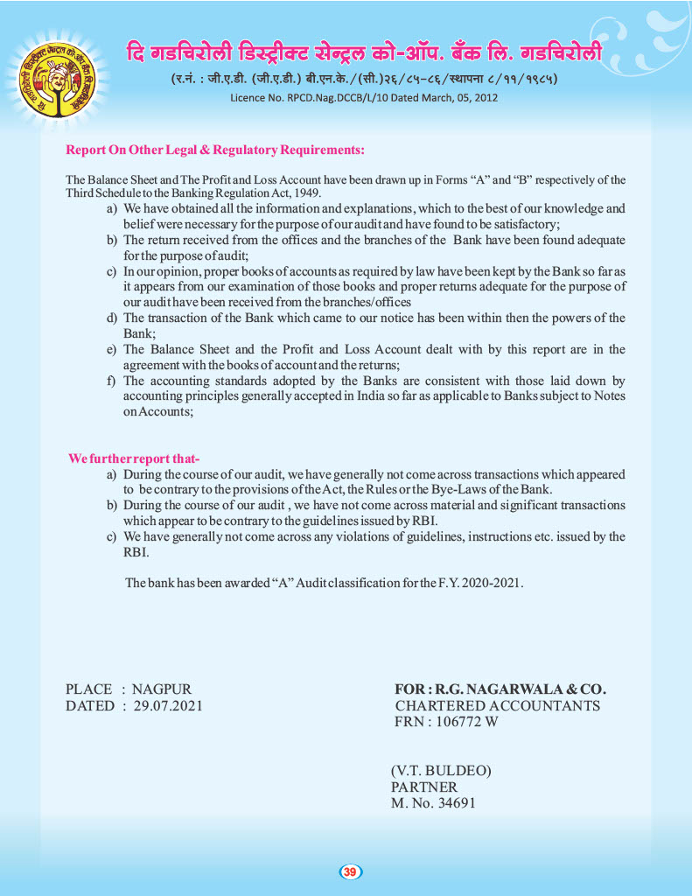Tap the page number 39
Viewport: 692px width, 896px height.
tap(350, 871)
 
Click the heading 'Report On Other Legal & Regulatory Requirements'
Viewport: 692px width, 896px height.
tap(215, 150)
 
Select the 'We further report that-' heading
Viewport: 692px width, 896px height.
tap(135, 459)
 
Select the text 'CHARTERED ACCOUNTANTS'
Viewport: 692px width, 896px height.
tap(497, 705)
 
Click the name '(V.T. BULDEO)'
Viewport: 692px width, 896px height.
tap(441, 771)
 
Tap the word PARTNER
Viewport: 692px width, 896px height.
tap(423, 787)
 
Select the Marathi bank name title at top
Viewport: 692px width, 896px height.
tap(363, 52)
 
